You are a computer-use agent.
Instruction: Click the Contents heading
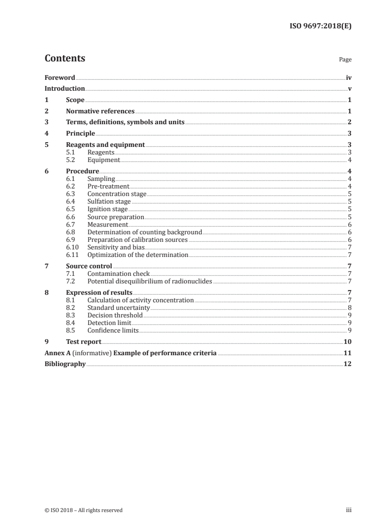pyautogui.click(x=65, y=59)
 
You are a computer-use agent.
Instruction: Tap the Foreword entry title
pyautogui.click(x=60, y=77)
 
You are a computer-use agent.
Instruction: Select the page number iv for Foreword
pyautogui.click(x=349, y=77)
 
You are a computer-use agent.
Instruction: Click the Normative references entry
pyautogui.click(x=100, y=111)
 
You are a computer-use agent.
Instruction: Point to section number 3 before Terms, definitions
pyautogui.click(x=46, y=122)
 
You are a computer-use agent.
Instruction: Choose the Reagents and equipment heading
pyautogui.click(x=105, y=145)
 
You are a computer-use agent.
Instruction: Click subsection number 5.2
pyautogui.click(x=71, y=160)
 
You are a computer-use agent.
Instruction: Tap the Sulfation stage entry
pyautogui.click(x=109, y=202)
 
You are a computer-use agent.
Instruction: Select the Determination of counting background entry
pyautogui.click(x=145, y=232)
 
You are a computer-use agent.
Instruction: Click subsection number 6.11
pyautogui.click(x=72, y=255)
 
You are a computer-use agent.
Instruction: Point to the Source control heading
pyautogui.click(x=89, y=266)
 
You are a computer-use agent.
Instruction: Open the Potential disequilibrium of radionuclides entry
pyautogui.click(x=149, y=281)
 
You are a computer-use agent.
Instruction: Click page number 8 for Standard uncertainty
pyautogui.click(x=349, y=308)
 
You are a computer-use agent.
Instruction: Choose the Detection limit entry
pyautogui.click(x=109, y=323)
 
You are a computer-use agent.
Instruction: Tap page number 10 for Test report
pyautogui.click(x=348, y=342)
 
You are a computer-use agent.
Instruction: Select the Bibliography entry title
pyautogui.click(x=65, y=364)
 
